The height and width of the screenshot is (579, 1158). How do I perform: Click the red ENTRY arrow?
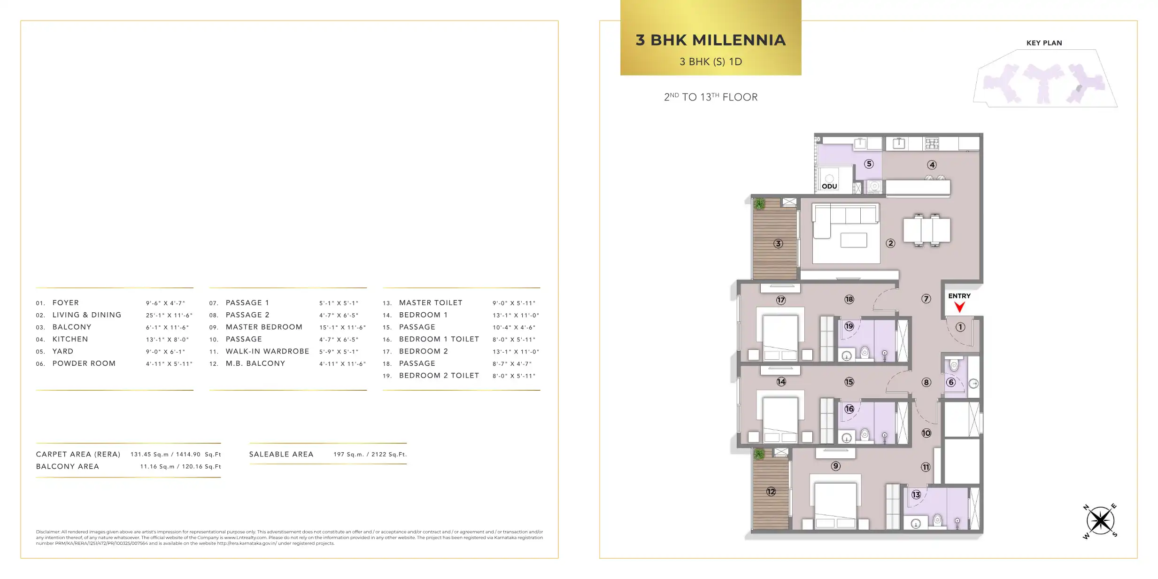coord(959,307)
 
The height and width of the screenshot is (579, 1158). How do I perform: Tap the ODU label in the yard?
coord(829,186)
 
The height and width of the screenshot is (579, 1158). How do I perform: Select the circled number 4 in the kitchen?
coord(932,165)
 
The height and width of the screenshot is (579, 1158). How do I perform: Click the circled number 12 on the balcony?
coord(771,492)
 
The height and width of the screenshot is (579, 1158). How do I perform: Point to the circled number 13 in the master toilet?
coord(916,494)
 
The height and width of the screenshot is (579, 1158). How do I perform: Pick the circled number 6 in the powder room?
coord(951,382)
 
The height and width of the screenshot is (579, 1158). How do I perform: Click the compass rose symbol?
coord(1100,521)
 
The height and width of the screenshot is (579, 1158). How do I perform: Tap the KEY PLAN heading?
coord(1044,43)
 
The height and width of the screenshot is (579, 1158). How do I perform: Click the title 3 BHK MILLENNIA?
coord(711,40)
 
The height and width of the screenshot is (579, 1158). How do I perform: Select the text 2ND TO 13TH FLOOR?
coord(711,97)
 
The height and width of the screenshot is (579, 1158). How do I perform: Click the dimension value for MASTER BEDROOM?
coord(343,327)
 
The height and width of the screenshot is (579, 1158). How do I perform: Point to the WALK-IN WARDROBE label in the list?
coord(267,351)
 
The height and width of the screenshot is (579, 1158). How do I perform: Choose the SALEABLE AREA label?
coord(281,454)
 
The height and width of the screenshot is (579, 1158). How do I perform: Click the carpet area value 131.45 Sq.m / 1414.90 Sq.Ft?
coord(176,455)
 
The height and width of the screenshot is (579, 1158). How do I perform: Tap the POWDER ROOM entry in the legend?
coord(84,363)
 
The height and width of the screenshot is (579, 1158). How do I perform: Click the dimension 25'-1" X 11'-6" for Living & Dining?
coord(169,315)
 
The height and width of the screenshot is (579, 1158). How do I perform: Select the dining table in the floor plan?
coord(926,230)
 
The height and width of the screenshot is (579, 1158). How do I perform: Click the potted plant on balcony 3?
coord(759,204)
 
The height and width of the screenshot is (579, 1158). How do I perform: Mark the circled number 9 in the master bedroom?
coord(835,466)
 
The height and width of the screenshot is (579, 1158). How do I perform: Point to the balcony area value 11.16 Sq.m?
coord(157,467)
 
